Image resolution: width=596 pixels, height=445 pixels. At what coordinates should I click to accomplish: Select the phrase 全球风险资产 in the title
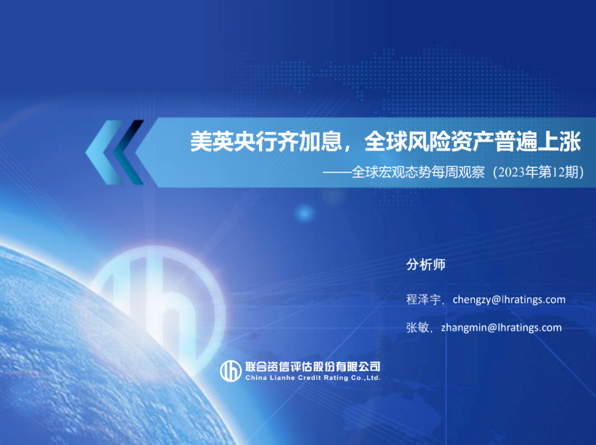click(x=429, y=141)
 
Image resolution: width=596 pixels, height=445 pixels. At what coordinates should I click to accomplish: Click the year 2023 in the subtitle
click(x=510, y=173)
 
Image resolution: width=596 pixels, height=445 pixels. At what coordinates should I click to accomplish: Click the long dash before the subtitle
click(x=337, y=173)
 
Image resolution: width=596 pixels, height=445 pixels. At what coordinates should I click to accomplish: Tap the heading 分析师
click(x=425, y=265)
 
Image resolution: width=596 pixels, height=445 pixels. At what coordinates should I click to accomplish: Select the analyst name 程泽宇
click(x=423, y=299)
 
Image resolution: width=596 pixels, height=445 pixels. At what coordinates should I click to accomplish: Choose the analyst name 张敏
click(x=417, y=328)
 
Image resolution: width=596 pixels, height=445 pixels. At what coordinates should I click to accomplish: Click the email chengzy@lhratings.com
click(x=509, y=299)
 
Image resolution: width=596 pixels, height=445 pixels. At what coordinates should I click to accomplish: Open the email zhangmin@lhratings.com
click(x=501, y=328)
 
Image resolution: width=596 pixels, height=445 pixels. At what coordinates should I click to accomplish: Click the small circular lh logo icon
click(x=231, y=371)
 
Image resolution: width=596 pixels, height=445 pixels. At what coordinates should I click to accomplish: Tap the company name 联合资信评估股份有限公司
click(x=313, y=366)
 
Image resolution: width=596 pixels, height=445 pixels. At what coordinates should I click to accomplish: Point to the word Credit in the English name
click(x=309, y=378)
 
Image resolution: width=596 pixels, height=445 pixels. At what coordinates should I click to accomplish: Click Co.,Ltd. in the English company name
click(x=365, y=378)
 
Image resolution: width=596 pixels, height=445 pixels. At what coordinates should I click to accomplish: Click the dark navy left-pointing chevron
click(x=129, y=153)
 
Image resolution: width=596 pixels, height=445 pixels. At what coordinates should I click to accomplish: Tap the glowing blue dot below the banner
click(x=305, y=213)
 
